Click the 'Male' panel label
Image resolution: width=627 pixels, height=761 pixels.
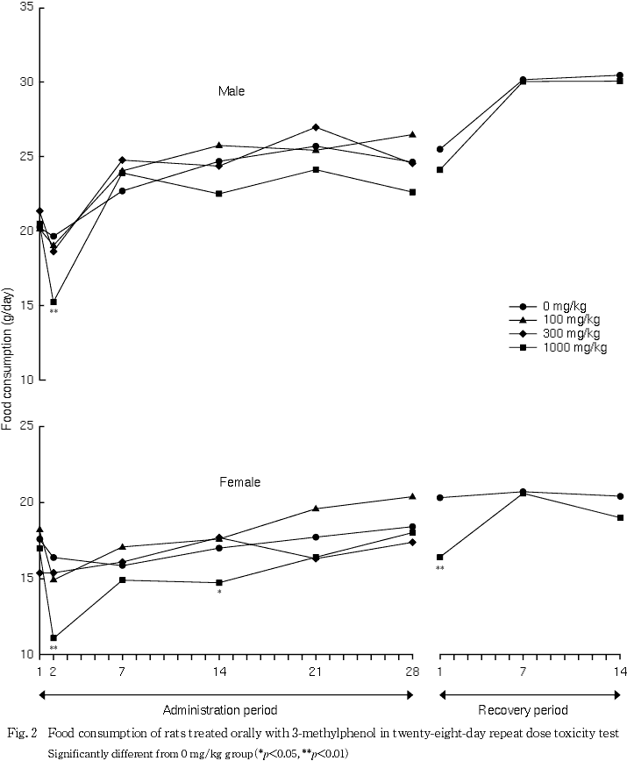(232, 91)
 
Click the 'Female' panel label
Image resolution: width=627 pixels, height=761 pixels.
(239, 482)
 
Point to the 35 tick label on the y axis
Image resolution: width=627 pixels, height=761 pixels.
(26, 7)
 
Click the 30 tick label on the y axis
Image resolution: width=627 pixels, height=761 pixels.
(26, 82)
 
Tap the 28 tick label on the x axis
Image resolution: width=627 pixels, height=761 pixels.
(411, 671)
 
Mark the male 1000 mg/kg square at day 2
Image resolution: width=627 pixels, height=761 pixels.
(53, 302)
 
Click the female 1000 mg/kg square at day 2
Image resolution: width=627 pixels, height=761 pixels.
(53, 638)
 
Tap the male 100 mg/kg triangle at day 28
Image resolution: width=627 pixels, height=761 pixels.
(411, 134)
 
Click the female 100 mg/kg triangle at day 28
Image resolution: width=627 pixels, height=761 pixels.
(411, 496)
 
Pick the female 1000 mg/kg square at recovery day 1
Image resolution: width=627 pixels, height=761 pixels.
(440, 557)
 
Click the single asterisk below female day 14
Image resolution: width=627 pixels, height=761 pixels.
(219, 593)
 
